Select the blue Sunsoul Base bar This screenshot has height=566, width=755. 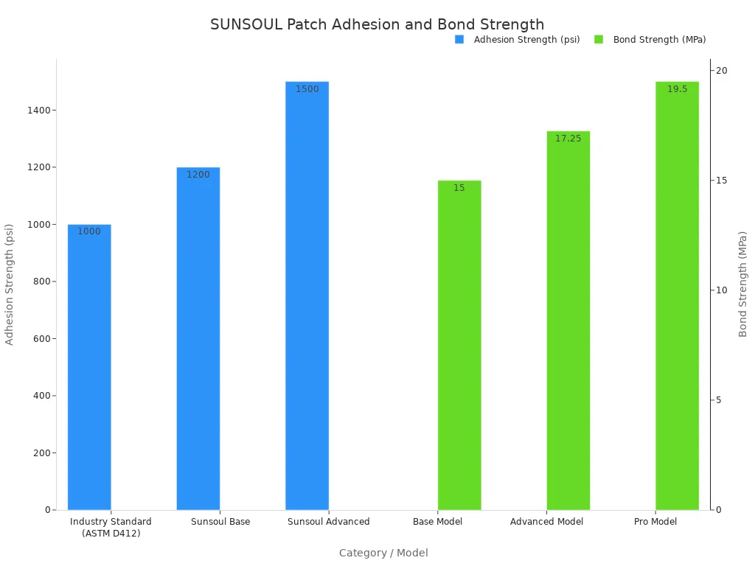(198, 338)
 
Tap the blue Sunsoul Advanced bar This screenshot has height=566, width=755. (307, 296)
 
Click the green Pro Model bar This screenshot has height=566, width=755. (677, 296)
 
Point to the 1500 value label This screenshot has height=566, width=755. (307, 89)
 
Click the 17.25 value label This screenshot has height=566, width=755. (568, 139)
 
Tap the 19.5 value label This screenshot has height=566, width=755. (677, 89)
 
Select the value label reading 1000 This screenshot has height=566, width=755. (89, 231)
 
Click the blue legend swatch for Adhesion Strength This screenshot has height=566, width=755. (459, 40)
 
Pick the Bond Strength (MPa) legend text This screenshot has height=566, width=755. (659, 40)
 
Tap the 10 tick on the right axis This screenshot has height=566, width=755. (721, 290)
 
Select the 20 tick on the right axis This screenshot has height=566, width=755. (721, 71)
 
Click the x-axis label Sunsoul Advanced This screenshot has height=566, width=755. (328, 522)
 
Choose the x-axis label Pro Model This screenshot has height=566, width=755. (655, 522)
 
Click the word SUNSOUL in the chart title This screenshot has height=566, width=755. (246, 25)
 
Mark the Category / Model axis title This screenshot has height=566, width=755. (383, 553)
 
